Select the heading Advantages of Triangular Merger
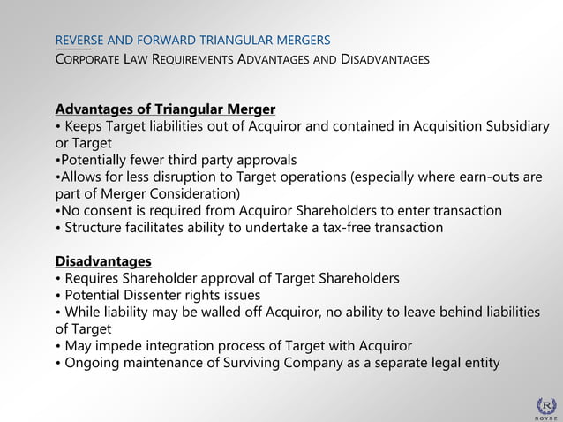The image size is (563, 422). click(165, 109)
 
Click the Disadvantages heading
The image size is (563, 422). click(103, 261)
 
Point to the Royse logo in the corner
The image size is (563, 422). click(547, 407)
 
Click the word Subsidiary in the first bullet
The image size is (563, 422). click(516, 126)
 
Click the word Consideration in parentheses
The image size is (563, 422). click(194, 194)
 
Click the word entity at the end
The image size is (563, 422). click(478, 363)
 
